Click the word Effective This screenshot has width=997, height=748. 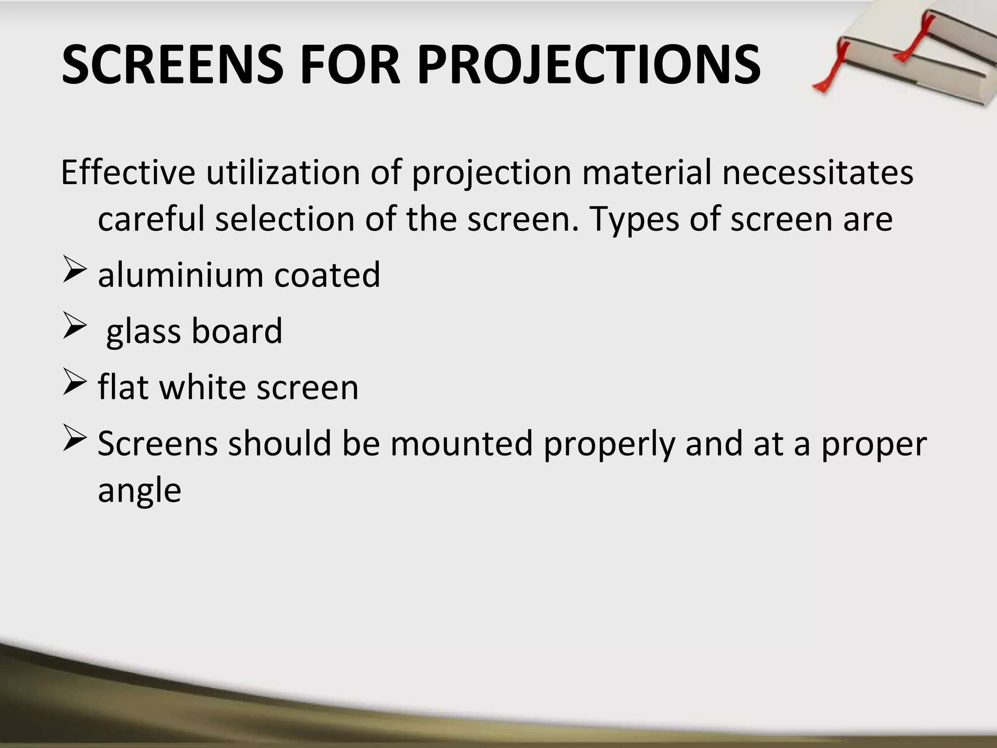point(128,172)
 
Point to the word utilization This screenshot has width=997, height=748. point(283,172)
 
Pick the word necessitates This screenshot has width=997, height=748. point(818,172)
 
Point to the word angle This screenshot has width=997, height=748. point(140,491)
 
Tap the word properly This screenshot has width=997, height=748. point(609,445)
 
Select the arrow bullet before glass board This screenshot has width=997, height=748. point(74,328)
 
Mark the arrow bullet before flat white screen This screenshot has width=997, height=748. point(74,384)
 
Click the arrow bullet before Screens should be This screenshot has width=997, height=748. point(74,440)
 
